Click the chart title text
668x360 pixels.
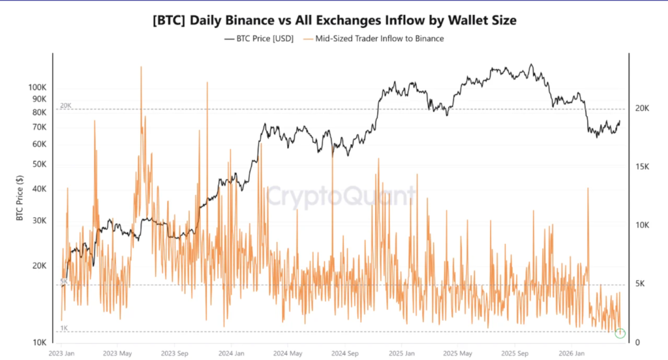(334, 20)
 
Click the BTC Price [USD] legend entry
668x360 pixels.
(259, 39)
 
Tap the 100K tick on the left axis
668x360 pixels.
(37, 87)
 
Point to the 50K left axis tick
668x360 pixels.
(38, 163)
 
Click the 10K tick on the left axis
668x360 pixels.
(38, 342)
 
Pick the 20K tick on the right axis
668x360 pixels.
(643, 109)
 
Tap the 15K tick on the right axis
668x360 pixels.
(643, 167)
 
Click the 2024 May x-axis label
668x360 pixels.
(288, 353)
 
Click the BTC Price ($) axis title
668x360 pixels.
(20, 198)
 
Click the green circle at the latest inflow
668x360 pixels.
(620, 333)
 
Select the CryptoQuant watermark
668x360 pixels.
(341, 195)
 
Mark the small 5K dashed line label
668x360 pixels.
(64, 281)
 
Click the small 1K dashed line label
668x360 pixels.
(64, 328)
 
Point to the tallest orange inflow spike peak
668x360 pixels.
(140, 67)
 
